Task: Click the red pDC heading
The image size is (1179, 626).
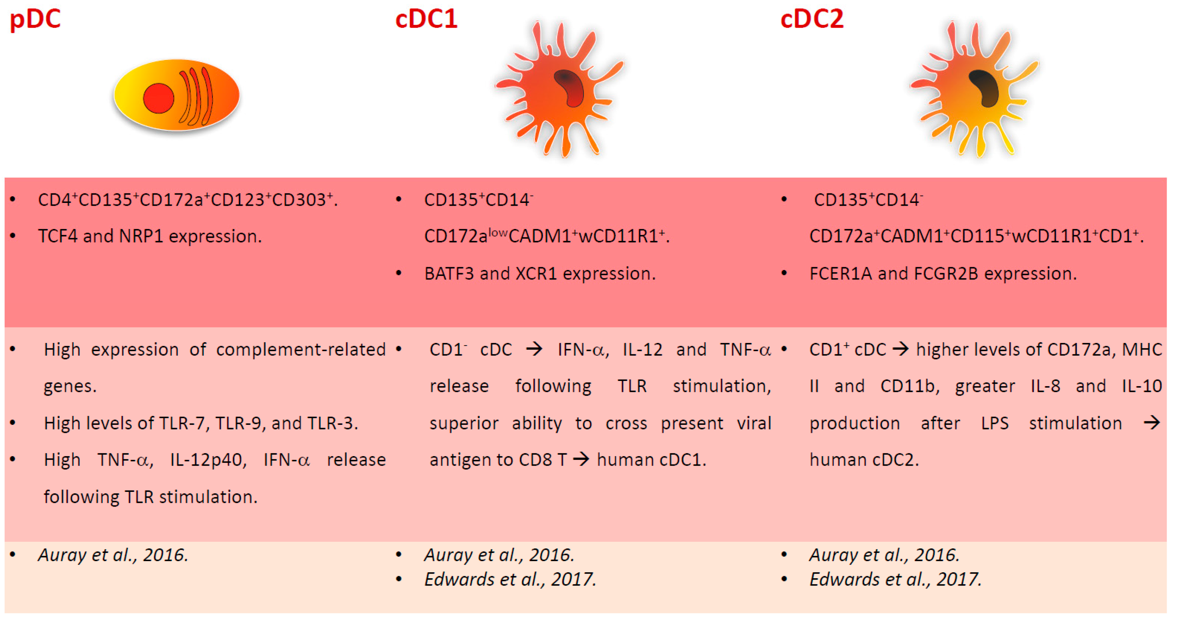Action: pos(35,20)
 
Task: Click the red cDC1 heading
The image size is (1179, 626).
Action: pos(426,20)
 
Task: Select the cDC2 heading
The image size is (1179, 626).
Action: pos(812,20)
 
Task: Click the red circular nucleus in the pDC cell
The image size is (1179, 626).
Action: pos(158,98)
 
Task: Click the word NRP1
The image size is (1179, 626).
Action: pos(141,236)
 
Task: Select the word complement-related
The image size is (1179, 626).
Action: pos(301,350)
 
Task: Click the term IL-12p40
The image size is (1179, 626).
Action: pos(208,460)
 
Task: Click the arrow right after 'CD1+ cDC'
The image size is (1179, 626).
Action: pos(900,349)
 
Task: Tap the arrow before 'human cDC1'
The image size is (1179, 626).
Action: pos(581,459)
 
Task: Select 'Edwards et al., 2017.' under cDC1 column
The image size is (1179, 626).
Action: pos(510,580)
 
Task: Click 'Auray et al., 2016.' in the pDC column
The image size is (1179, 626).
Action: pos(113,555)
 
